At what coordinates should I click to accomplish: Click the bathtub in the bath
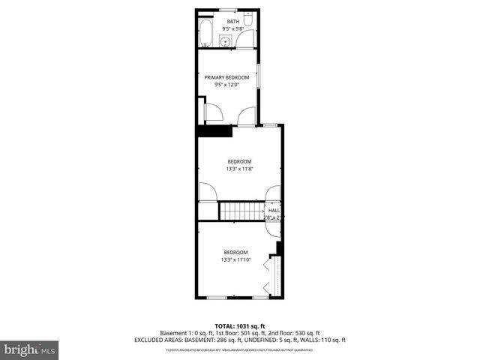(205, 33)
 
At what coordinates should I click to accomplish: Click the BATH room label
(233, 22)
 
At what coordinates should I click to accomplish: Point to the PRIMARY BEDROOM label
(226, 77)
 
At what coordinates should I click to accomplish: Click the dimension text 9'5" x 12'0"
(226, 85)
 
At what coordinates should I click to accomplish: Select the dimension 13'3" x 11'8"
(239, 169)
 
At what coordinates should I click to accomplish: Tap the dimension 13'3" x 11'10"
(235, 259)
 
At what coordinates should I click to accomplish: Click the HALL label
(274, 210)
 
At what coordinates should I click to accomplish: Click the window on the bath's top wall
(228, 10)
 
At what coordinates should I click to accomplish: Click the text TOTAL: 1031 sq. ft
(240, 325)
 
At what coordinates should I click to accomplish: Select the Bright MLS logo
(30, 349)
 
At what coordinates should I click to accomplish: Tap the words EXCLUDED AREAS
(158, 340)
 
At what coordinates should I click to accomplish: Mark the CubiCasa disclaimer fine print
(240, 349)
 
